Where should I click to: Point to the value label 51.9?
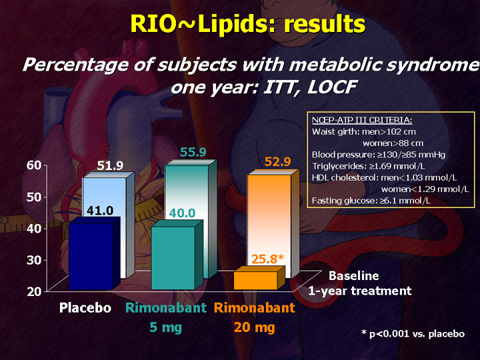[x=110, y=165]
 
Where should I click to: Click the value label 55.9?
[x=193, y=152]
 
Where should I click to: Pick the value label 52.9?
[x=277, y=161]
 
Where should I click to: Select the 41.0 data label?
[x=100, y=211]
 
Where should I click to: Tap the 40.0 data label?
[x=182, y=213]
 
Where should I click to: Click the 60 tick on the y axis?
[x=34, y=165]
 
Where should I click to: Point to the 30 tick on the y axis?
[x=34, y=260]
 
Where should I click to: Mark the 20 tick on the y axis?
[x=34, y=291]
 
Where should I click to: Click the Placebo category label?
[x=85, y=308]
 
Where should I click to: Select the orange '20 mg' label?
[x=255, y=328]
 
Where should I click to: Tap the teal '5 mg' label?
[x=165, y=328]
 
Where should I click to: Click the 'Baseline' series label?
[x=353, y=276]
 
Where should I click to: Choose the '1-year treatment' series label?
[x=360, y=291]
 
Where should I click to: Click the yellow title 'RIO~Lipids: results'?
[x=247, y=24]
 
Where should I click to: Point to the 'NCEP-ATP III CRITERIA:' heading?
[x=362, y=120]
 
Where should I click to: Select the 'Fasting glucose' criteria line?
[x=371, y=201]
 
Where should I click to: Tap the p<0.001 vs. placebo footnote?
[x=413, y=333]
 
